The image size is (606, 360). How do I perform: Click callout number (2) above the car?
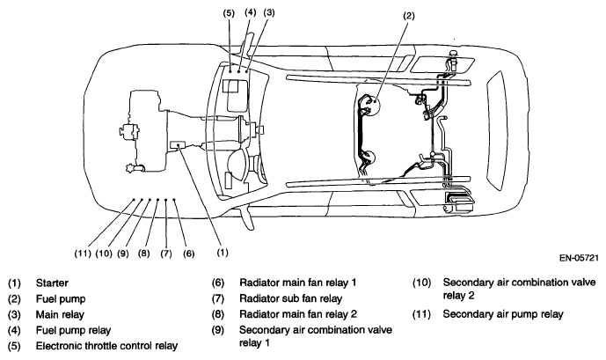click(x=408, y=16)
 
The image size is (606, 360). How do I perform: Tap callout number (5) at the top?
click(x=229, y=12)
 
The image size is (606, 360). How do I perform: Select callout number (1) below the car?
click(x=223, y=253)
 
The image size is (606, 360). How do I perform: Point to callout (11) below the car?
click(x=83, y=253)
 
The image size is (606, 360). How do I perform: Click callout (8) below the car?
click(x=143, y=253)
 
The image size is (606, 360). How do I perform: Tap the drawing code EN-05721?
click(x=579, y=258)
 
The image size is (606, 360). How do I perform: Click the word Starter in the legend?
click(x=52, y=283)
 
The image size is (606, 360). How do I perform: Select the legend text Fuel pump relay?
click(x=73, y=330)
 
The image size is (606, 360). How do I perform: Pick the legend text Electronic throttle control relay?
click(x=106, y=346)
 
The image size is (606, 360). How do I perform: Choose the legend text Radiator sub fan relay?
click(x=290, y=298)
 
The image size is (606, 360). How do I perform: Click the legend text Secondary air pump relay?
click(x=503, y=314)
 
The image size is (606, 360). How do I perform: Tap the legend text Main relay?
click(x=60, y=314)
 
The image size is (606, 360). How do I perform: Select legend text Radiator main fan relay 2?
click(x=298, y=314)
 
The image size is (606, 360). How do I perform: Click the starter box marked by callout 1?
click(x=178, y=144)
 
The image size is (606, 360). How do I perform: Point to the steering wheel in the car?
click(x=240, y=165)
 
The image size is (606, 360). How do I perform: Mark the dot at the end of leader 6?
click(x=174, y=200)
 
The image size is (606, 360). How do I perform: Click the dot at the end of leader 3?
click(x=246, y=71)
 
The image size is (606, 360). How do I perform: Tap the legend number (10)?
click(x=421, y=283)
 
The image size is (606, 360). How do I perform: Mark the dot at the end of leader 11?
click(x=134, y=200)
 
